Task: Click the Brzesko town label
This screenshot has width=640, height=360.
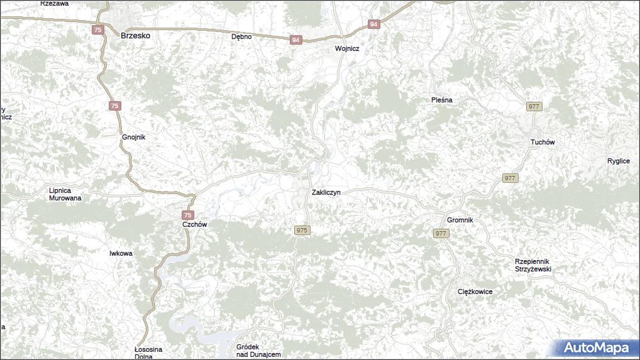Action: pos(135,36)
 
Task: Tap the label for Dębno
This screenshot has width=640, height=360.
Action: pos(241,36)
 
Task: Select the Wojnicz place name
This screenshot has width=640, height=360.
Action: pos(347,48)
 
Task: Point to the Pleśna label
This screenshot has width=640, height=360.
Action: pos(442,100)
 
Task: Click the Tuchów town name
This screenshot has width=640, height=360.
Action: pos(543,142)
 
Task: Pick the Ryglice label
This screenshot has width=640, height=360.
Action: pos(619,161)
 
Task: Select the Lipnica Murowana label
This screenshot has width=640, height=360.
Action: pos(65,194)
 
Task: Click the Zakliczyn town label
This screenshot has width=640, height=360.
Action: pos(326,192)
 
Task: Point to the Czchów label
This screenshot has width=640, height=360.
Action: pos(194,224)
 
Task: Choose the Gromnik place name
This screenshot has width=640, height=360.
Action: pos(460,220)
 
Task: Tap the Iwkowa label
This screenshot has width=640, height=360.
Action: pos(121,253)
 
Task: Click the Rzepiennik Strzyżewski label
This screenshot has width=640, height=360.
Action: pos(532,265)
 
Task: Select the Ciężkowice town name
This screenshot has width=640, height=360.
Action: pos(475,292)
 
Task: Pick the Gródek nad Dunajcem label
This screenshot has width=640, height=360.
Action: pos(258,351)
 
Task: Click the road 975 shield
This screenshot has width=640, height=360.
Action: pos(302,231)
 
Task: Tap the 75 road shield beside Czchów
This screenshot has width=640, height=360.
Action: pos(188,215)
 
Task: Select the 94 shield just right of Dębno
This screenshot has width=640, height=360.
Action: pos(295,40)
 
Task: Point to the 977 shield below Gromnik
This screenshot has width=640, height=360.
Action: pos(441,234)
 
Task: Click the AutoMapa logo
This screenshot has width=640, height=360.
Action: pos(596,347)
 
